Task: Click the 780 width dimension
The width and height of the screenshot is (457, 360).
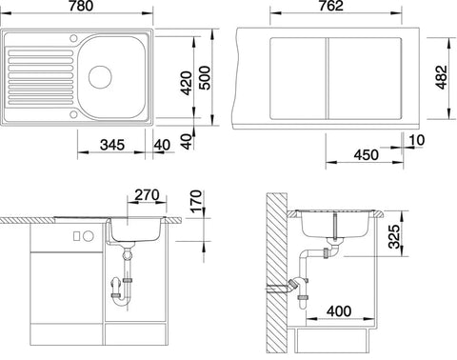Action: click(81, 6)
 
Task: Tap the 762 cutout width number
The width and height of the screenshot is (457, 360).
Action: click(331, 6)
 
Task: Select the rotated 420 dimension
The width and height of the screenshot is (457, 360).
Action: click(187, 83)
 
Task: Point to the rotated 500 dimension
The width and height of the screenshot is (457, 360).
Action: click(205, 78)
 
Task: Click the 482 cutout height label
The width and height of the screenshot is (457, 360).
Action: click(441, 77)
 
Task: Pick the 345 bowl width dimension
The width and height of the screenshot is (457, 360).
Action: click(112, 145)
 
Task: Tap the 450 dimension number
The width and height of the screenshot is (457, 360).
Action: click(367, 155)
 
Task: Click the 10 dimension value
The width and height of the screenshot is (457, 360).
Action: click(417, 140)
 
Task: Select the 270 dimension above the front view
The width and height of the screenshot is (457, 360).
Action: click(147, 195)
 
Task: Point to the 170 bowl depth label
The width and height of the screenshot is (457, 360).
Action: click(197, 201)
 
